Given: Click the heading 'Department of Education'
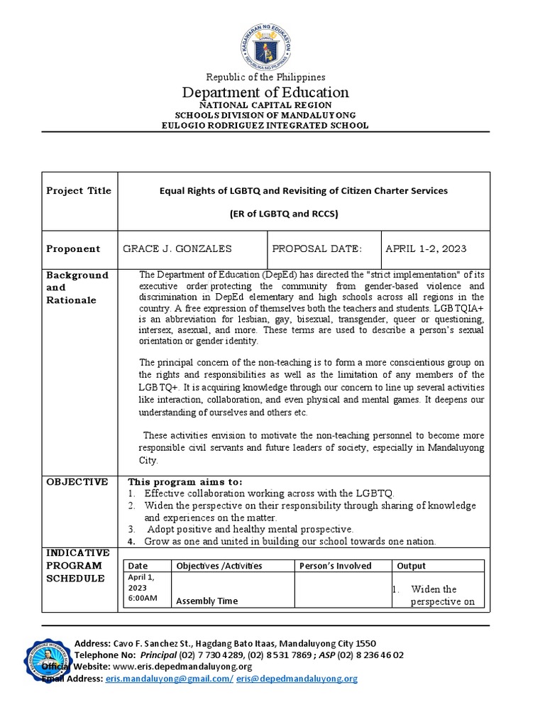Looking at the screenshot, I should click(265, 92).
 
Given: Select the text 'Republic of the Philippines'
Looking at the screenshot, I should click(265, 77).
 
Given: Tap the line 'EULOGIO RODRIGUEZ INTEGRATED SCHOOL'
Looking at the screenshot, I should click(265, 125).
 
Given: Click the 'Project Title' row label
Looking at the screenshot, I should click(79, 191).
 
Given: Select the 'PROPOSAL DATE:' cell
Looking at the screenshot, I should click(317, 248).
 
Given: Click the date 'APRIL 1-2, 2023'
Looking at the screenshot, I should click(426, 248).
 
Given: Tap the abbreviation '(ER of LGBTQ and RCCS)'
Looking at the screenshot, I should click(302, 214).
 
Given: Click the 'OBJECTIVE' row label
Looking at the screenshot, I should click(77, 482).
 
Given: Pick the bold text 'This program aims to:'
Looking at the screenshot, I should click(185, 482).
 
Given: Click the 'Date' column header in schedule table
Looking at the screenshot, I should click(138, 566).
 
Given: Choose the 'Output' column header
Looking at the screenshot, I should click(412, 566).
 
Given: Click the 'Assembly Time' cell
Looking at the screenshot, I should click(207, 601).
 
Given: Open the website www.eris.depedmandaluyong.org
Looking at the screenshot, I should click(182, 667).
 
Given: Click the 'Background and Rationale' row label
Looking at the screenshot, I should click(77, 288).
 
